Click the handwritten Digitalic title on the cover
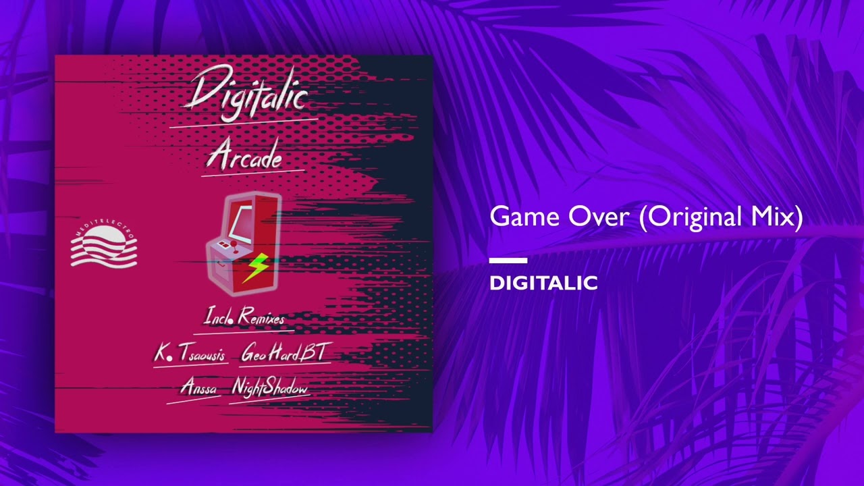tap(246, 93)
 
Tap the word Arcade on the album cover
tap(245, 157)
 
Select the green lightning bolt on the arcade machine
tap(255, 267)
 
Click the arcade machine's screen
tap(241, 223)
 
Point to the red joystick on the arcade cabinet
tap(234, 247)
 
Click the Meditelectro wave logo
tap(104, 245)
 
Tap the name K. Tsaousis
tap(190, 352)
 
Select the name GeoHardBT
tap(286, 352)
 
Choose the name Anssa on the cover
tap(198, 387)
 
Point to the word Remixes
tap(261, 317)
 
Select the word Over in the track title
tap(599, 217)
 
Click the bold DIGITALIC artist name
tap(543, 283)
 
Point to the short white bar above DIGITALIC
tap(508, 261)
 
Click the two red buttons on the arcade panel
tap(223, 244)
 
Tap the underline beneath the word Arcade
tap(253, 173)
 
